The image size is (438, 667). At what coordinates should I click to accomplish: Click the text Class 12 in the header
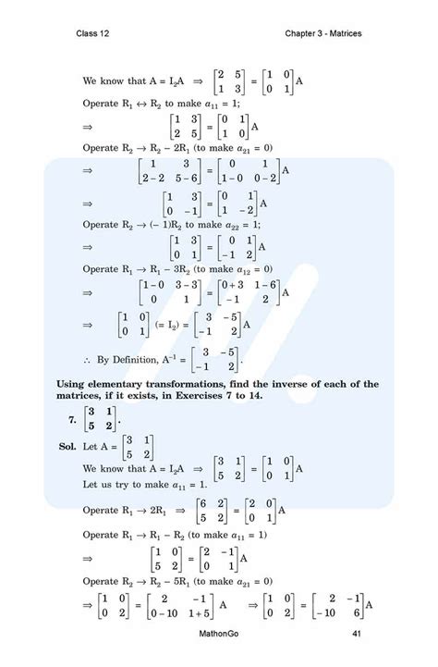(x=94, y=34)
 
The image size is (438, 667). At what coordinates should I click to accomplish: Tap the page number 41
(x=357, y=633)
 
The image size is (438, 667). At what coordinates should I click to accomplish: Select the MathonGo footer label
(x=220, y=633)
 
